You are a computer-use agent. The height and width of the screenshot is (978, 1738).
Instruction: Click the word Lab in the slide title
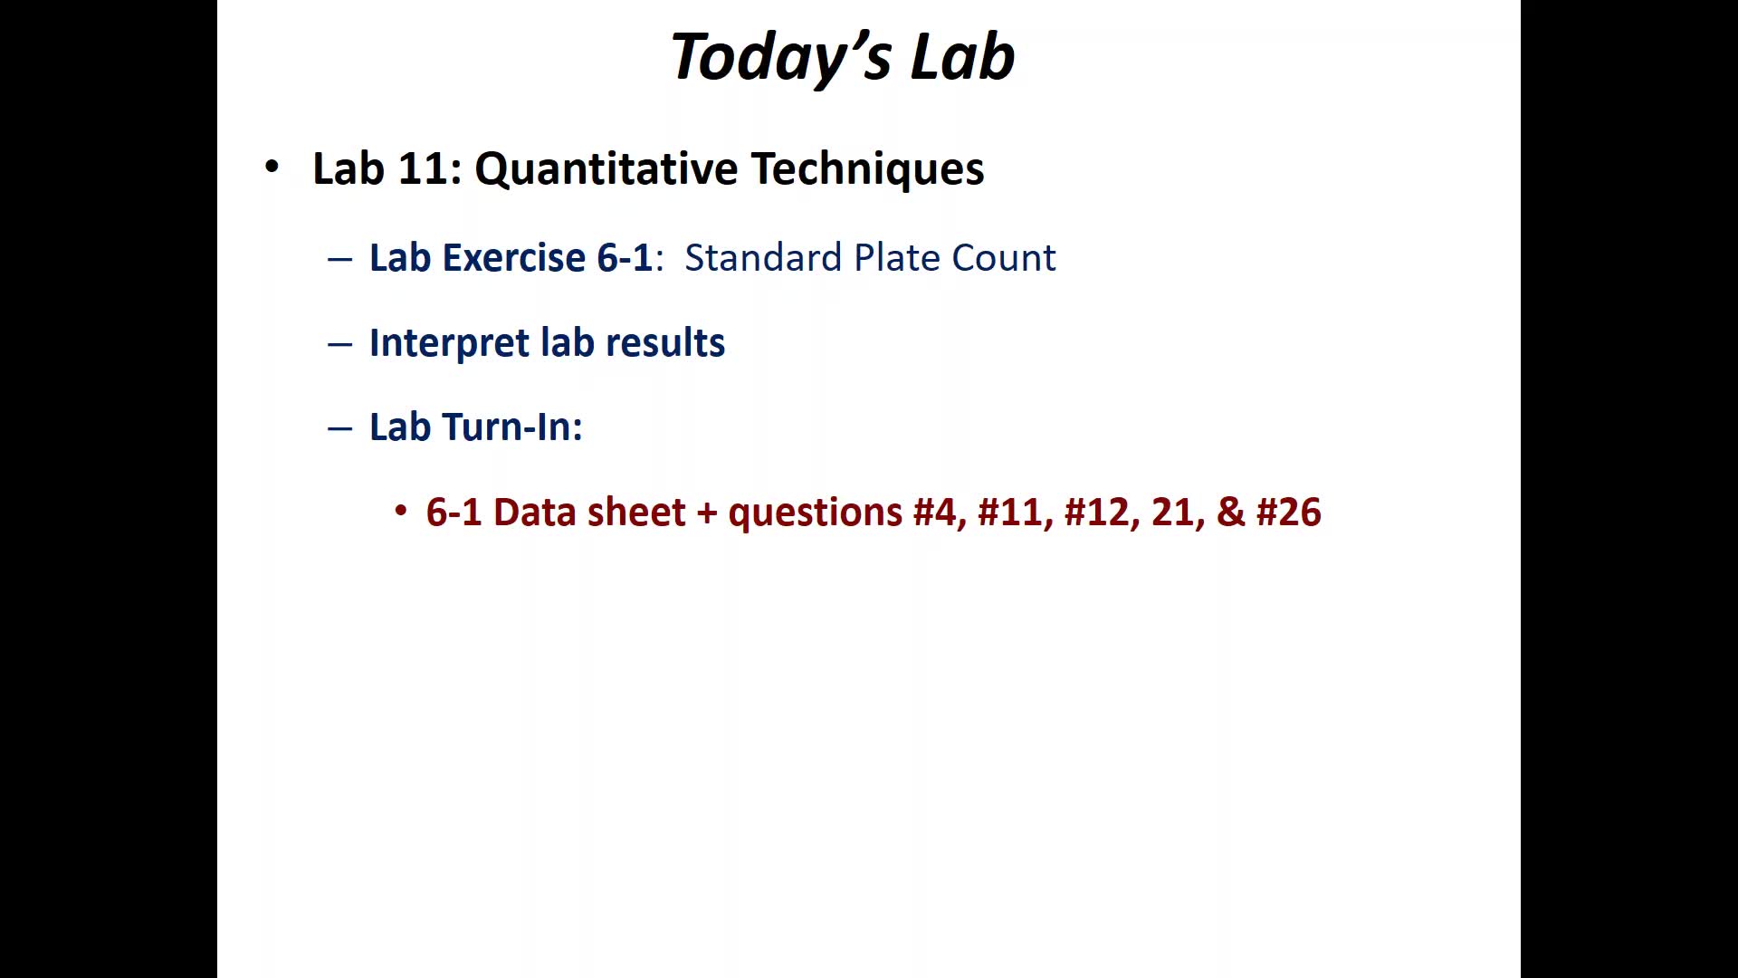click(x=962, y=56)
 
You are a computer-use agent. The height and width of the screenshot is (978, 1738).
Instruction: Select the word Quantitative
click(x=606, y=169)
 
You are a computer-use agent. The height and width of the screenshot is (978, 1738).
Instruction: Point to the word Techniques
click(x=867, y=169)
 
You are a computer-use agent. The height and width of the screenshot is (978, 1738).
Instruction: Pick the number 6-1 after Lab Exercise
click(x=625, y=257)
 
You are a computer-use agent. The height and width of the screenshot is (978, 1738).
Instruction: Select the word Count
click(x=1004, y=258)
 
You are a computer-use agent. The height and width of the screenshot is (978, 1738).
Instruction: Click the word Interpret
click(x=449, y=343)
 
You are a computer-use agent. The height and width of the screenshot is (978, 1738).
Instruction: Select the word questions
click(x=816, y=513)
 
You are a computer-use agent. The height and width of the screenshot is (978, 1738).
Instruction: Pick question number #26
click(x=1289, y=513)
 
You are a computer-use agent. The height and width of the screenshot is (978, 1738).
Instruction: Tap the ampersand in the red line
click(x=1231, y=513)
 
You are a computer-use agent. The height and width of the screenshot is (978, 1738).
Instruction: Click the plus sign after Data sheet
click(x=706, y=513)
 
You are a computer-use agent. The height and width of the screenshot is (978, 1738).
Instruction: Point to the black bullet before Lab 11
click(x=272, y=167)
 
